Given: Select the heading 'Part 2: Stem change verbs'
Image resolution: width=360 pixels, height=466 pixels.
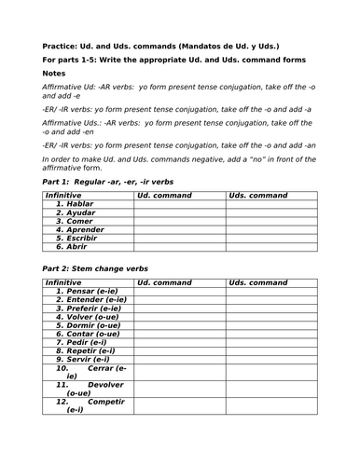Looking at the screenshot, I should coord(100,268).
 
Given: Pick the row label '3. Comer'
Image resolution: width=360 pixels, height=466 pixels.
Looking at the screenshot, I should coord(75,221).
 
